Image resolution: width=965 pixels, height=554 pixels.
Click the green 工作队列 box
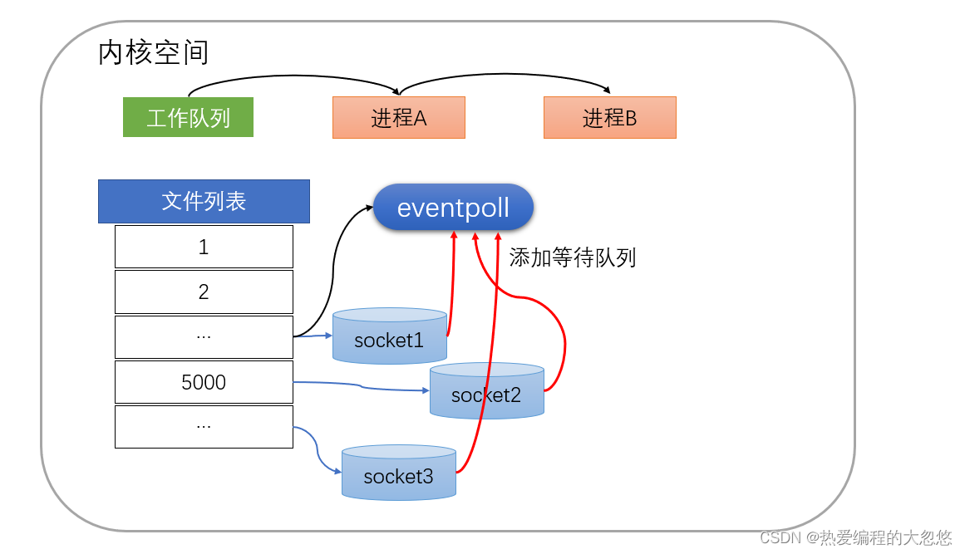click(188, 117)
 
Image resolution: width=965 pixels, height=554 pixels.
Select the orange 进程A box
click(398, 118)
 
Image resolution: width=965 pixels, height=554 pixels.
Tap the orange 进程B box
click(609, 118)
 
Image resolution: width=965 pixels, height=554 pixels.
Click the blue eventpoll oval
click(453, 208)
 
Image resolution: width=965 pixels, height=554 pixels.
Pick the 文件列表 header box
click(204, 201)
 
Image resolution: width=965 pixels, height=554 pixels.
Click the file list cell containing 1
click(204, 247)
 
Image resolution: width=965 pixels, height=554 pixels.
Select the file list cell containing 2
click(204, 292)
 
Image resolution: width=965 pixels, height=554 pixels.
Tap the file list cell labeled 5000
click(204, 382)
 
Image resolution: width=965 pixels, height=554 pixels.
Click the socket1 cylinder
click(389, 339)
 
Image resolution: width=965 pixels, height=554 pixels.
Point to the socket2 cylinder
click(486, 394)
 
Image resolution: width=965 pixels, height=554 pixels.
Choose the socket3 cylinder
click(398, 475)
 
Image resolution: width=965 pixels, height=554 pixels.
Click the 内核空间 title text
click(153, 52)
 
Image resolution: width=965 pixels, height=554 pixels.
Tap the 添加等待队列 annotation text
click(572, 257)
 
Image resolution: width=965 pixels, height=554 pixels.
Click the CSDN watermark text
click(855, 537)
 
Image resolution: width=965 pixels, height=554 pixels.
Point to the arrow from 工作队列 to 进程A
click(291, 77)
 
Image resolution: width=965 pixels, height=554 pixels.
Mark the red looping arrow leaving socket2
click(564, 341)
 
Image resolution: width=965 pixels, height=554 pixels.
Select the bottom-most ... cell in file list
click(204, 426)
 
